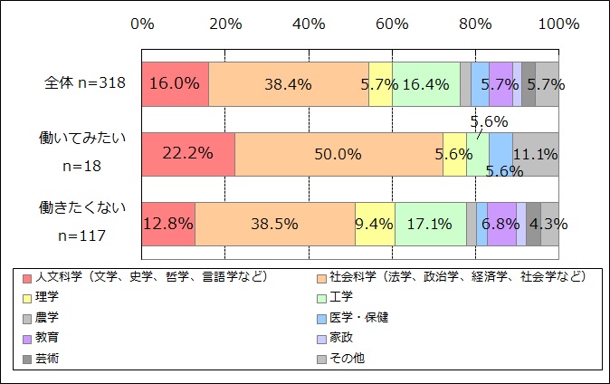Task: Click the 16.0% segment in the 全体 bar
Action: point(175,84)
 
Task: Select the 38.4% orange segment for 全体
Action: point(288,84)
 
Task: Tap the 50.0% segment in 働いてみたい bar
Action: point(338,154)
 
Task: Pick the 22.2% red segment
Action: point(187,154)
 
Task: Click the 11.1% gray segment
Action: point(535,154)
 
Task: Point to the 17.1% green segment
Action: point(430,224)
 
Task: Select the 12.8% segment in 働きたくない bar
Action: point(168,224)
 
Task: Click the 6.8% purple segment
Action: point(500,224)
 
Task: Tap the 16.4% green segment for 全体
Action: point(425,84)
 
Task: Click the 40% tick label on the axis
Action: point(309,23)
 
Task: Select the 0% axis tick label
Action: point(142,23)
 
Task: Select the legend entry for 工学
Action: point(343,297)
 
